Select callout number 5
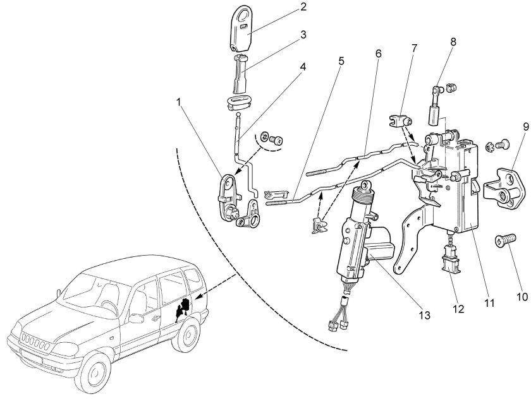(x=341, y=62)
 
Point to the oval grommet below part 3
(x=236, y=102)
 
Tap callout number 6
(x=378, y=54)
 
